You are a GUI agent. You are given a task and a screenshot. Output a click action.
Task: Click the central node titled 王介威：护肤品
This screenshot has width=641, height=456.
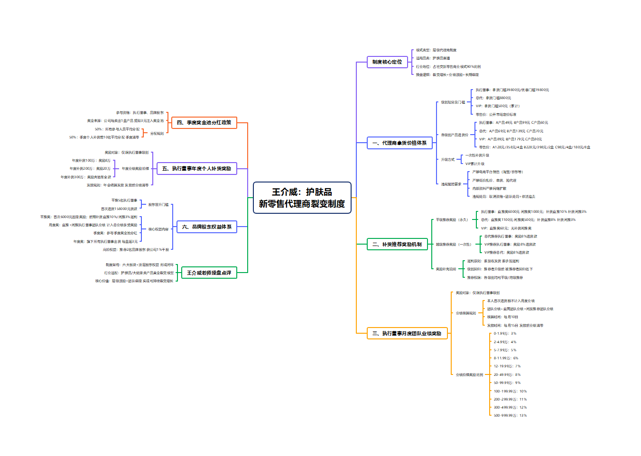(302, 198)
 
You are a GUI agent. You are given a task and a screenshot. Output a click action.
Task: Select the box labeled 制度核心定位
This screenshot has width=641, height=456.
(387, 62)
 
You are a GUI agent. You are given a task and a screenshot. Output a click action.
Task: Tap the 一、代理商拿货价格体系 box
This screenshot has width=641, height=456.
(399, 143)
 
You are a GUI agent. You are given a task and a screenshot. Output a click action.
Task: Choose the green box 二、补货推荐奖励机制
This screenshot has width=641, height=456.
(397, 245)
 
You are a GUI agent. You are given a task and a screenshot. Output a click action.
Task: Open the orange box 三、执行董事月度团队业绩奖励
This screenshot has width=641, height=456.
(407, 334)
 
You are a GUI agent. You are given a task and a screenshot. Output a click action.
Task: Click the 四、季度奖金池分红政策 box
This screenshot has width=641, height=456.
(204, 123)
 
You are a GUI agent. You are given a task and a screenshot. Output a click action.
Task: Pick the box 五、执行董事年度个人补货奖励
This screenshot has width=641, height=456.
(196, 169)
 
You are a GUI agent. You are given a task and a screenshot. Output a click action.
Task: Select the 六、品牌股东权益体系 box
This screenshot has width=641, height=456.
(206, 227)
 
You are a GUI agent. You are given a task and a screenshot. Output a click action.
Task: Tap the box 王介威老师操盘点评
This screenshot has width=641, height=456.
(209, 273)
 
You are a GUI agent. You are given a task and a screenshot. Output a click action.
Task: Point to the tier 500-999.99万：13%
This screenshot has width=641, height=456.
(510, 416)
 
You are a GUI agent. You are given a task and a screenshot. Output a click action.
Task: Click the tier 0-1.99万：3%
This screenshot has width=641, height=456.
(505, 334)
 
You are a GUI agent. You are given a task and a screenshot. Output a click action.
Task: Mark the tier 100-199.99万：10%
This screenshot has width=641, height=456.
(510, 392)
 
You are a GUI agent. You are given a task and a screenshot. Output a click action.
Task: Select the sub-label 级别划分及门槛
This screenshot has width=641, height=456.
(453, 102)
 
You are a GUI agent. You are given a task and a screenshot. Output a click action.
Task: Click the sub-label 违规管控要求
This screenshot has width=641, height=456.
(451, 184)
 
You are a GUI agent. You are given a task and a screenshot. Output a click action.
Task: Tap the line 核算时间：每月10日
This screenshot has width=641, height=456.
(502, 317)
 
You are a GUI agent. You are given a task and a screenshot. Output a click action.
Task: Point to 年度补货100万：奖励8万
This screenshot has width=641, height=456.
(91, 161)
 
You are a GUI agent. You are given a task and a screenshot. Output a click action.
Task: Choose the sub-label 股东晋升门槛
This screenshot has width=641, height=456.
(158, 205)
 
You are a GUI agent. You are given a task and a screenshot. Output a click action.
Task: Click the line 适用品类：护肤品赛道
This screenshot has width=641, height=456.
(433, 58)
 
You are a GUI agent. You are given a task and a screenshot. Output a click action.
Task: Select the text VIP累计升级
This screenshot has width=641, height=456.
(475, 164)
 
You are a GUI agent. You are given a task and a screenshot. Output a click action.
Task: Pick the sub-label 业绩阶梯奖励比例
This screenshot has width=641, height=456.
(469, 375)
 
